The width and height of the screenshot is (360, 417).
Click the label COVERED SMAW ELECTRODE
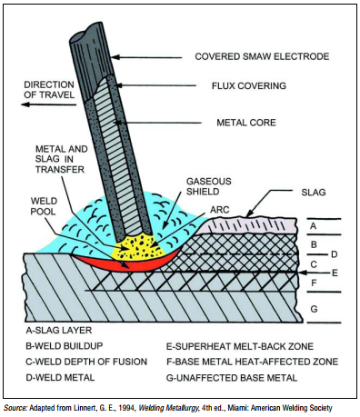coord(262,56)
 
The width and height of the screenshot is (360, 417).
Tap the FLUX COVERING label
coord(249,86)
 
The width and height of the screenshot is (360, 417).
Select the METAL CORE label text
coord(246,123)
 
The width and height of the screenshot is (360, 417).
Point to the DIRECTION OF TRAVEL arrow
coord(49,104)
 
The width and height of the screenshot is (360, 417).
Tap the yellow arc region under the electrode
coord(138,248)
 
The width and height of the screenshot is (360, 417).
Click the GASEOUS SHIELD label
coord(209,186)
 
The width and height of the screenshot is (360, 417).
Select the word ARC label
coord(220,210)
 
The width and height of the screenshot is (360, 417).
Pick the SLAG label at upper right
coord(314,193)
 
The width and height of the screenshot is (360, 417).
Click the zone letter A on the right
coord(314,226)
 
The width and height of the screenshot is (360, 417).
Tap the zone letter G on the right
coord(314,309)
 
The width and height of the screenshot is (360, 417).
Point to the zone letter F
coord(314,283)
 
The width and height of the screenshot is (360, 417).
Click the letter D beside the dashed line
coord(335,254)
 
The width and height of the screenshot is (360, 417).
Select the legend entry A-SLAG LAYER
coord(59,330)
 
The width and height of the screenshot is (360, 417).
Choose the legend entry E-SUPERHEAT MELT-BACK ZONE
coord(240,346)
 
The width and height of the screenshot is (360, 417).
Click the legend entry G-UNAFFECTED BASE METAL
coord(232,378)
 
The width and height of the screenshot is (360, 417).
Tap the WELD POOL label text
coord(44,206)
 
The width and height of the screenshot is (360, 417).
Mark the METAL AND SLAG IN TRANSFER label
coord(61,159)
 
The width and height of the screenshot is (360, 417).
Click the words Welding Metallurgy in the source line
coord(168,408)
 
